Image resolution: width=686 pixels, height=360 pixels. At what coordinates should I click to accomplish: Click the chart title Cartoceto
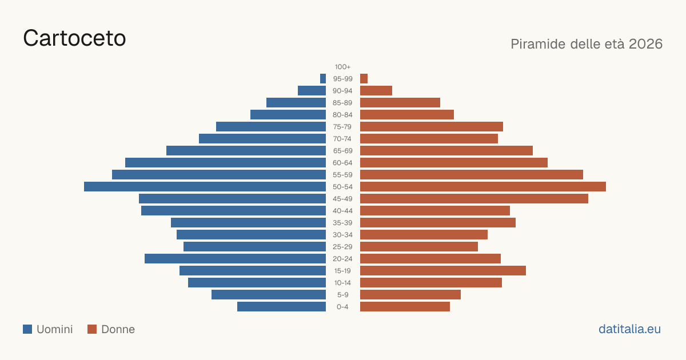point(74,38)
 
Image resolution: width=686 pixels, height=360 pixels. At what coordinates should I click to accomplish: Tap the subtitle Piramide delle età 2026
point(587,44)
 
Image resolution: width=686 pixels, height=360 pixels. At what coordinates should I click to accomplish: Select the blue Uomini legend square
point(27,329)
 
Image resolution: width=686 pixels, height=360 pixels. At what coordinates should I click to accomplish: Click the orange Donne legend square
point(92,329)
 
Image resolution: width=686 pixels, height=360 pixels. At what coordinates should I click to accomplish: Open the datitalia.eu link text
point(629,329)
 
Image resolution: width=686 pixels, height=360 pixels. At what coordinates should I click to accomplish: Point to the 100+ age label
point(342,67)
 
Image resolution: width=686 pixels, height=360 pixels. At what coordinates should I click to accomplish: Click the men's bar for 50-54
point(205,187)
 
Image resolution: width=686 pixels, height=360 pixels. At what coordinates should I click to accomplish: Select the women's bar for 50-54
point(483,187)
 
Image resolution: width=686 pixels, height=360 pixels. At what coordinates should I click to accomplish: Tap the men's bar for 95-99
point(323,79)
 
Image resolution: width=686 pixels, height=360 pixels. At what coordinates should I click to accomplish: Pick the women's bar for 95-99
point(364,79)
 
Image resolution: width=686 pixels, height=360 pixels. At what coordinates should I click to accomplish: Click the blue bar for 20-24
point(235,259)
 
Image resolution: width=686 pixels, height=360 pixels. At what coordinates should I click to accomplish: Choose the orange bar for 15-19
point(443,271)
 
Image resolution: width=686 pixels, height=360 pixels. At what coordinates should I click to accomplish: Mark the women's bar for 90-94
point(376,91)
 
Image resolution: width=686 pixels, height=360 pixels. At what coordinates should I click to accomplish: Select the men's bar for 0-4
point(281,307)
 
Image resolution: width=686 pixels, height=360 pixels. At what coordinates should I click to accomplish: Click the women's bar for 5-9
point(410,295)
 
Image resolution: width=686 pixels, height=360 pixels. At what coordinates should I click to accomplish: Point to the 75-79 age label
point(342,127)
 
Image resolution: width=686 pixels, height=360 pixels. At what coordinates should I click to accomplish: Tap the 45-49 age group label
point(342,199)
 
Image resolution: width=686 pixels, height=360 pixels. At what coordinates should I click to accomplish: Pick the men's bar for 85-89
point(296,102)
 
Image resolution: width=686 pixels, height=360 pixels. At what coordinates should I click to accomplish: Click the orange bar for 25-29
point(419,247)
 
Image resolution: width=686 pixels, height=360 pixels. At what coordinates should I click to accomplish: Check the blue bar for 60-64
point(225,162)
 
